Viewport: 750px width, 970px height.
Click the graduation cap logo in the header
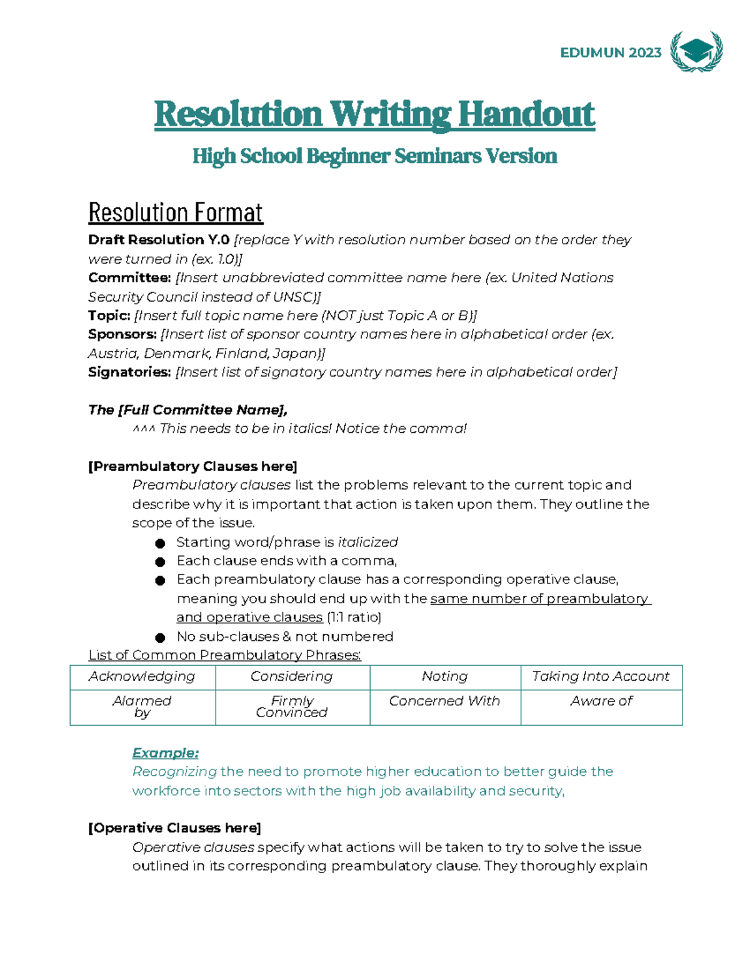696,51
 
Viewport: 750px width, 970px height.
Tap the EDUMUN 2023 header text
610,53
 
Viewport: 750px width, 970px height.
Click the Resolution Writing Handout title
374,114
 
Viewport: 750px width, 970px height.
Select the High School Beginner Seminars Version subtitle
374,156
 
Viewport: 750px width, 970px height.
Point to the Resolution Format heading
176,212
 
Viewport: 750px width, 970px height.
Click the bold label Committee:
129,277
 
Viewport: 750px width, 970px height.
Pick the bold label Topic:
109,315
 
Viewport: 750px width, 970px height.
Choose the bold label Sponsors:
122,334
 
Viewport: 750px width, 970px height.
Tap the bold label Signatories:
129,372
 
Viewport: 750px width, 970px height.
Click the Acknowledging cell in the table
142,676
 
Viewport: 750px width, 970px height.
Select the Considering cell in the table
292,676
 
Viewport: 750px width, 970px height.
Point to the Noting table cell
444,676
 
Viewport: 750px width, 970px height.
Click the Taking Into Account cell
601,676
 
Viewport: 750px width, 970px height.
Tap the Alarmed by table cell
142,706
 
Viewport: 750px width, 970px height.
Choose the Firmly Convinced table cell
292,706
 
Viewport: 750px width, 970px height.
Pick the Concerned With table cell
444,701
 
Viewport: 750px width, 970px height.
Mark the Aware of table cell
601,701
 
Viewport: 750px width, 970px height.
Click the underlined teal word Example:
165,753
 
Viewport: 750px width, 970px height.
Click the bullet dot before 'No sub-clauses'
160,637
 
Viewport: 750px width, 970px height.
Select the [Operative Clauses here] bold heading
174,828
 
